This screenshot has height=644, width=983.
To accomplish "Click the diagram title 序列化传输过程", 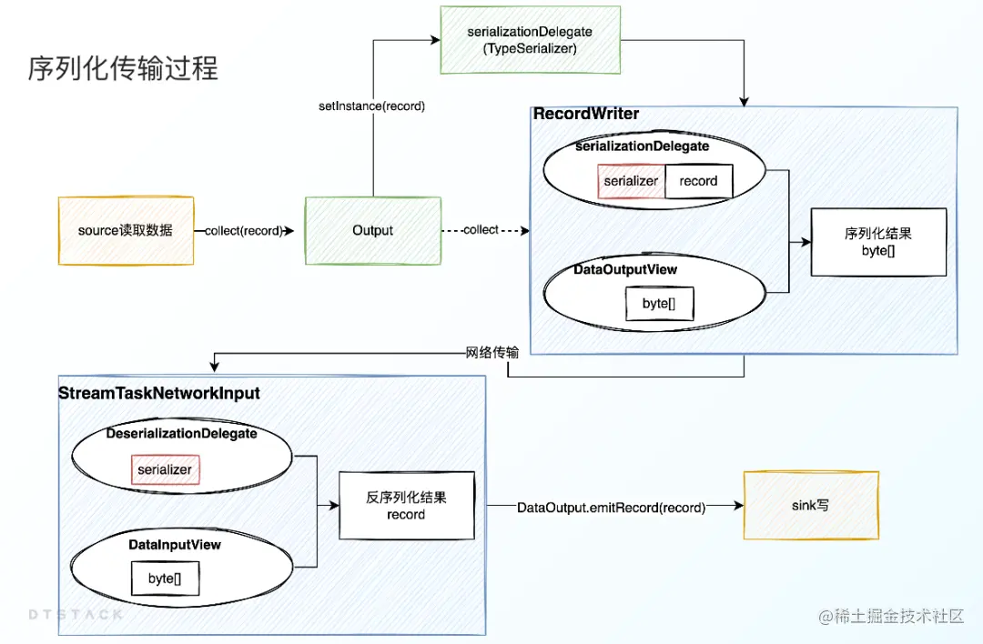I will [x=123, y=68].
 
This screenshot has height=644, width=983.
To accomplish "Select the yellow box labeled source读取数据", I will [x=126, y=231].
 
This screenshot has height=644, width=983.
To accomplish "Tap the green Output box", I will [x=372, y=231].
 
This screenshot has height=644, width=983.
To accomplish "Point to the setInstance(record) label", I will [x=371, y=106].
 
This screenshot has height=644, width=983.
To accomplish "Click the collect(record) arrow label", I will [x=244, y=231].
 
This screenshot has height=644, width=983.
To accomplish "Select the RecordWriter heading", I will [x=586, y=115].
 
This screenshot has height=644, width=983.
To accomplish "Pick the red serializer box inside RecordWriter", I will [x=631, y=181].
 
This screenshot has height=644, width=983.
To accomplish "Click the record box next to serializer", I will [x=698, y=181].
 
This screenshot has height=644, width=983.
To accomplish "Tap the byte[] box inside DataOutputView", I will [x=658, y=304].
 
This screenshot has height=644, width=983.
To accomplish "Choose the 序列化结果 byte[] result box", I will [x=878, y=242].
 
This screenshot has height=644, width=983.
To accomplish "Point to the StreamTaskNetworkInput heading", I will [x=159, y=394].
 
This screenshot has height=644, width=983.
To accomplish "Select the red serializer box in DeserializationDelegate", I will [x=165, y=470].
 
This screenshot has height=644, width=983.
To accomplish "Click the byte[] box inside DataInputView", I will [x=161, y=579].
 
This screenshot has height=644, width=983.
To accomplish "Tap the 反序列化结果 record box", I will [x=406, y=506].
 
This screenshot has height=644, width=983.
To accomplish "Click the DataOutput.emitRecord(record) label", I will [x=611, y=508].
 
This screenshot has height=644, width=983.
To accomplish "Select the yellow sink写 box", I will [x=811, y=505].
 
